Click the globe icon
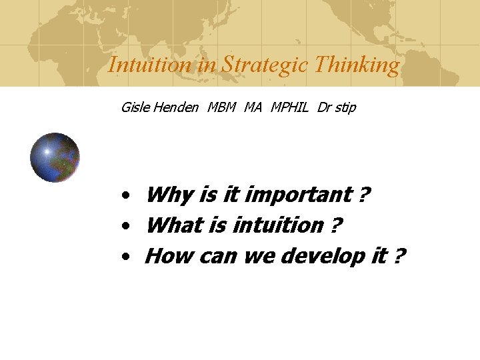[55, 158]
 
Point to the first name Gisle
[135, 107]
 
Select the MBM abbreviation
[221, 107]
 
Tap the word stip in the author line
[345, 108]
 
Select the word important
[298, 195]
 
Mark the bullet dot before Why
[125, 197]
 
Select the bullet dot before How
[125, 257]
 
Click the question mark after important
[364, 195]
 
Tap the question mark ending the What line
[336, 225]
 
